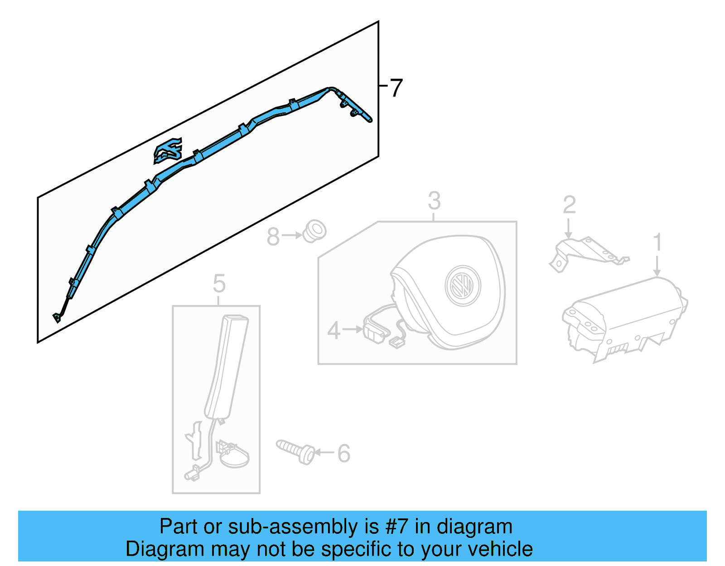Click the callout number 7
click(x=396, y=88)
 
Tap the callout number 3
click(x=434, y=201)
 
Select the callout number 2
click(x=569, y=205)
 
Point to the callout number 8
click(x=273, y=237)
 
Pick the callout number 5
click(x=219, y=284)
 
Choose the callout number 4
click(x=333, y=330)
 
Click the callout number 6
click(x=344, y=453)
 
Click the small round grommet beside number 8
click(x=314, y=231)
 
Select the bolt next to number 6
click(x=296, y=451)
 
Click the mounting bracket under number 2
click(x=587, y=253)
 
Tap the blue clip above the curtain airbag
click(x=168, y=151)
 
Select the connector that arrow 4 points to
click(x=375, y=332)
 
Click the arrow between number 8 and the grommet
click(x=291, y=236)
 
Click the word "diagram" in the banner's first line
click(x=474, y=527)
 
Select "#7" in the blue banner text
click(x=396, y=527)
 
